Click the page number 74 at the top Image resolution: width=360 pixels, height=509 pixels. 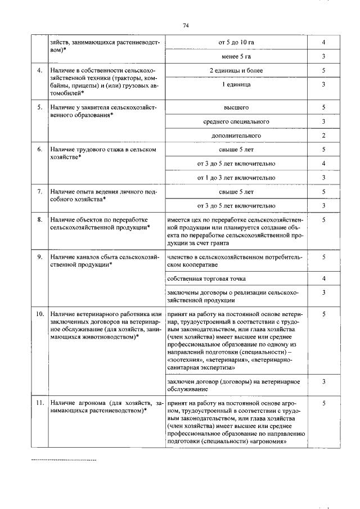[x=185, y=25]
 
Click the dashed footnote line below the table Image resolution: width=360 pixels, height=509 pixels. [x=64, y=460]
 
